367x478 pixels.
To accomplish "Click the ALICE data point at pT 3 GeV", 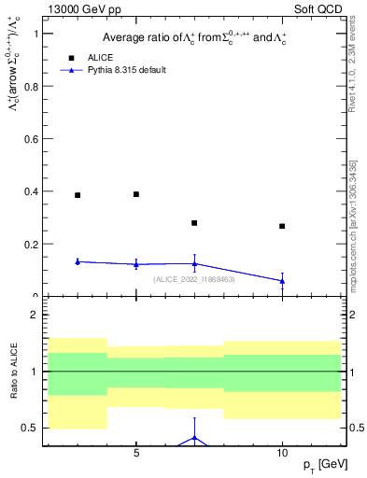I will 78,195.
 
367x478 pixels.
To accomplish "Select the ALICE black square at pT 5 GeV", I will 136,194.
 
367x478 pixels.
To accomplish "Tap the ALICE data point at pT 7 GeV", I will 194,223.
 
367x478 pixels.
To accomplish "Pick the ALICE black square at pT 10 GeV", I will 282,226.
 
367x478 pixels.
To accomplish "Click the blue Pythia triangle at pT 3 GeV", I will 78,261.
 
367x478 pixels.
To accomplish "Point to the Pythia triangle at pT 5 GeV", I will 136,264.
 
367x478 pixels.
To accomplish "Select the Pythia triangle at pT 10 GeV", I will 282,281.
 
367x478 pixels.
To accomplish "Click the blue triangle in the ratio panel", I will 194,437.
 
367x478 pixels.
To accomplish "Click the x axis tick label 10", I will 282,453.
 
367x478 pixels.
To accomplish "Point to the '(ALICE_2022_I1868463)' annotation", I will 194,279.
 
